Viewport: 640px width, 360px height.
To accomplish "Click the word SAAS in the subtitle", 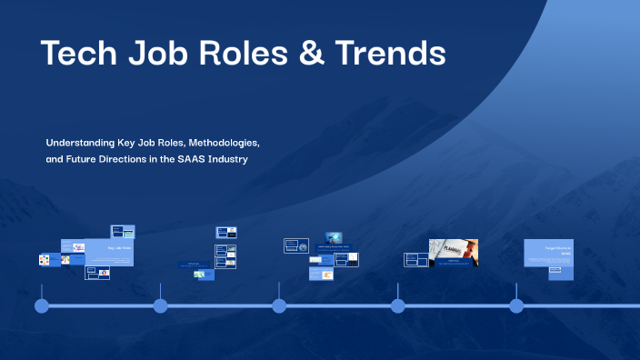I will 189,160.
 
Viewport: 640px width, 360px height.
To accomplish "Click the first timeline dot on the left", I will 42,305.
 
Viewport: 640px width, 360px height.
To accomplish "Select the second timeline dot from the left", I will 161,305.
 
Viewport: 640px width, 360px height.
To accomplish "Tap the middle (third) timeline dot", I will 279,305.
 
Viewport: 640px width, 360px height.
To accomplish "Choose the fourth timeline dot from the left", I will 398,305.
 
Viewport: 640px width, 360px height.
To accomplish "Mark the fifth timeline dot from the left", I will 516,305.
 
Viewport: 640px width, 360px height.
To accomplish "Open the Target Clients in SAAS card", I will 548,259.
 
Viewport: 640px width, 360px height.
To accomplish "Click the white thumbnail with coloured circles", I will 43,260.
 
